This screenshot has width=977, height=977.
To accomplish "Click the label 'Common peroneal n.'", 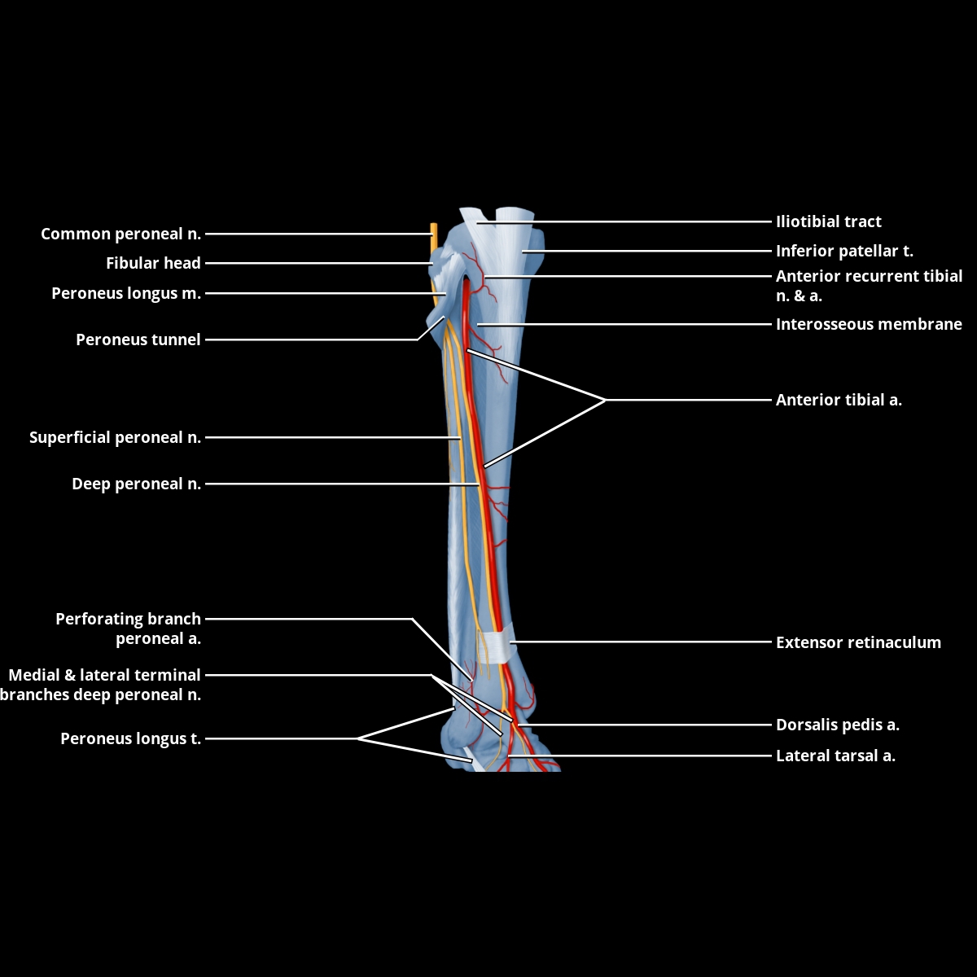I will (120, 234).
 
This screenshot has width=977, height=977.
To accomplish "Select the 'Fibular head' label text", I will (153, 264).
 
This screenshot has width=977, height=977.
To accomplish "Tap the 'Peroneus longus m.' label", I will (126, 293).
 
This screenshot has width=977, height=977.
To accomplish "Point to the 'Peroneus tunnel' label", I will (138, 340).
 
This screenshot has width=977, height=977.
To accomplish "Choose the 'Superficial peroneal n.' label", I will (115, 438).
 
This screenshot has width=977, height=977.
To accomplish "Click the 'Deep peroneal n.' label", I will (136, 484).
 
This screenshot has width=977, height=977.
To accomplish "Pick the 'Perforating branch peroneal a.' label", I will (128, 629).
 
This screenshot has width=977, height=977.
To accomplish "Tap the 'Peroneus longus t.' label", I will (130, 739).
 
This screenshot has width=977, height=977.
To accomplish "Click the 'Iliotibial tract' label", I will (828, 221).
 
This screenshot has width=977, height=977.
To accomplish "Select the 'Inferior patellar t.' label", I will (844, 251).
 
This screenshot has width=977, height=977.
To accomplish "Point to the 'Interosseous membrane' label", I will (869, 324).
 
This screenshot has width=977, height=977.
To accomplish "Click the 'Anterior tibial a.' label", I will (839, 400).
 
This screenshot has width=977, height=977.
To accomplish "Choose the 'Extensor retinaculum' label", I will (858, 642).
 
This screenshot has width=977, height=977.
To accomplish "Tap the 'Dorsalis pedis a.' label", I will (837, 725).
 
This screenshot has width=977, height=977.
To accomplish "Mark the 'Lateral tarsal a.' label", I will (835, 756).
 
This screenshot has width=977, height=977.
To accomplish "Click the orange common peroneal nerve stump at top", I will (433, 238).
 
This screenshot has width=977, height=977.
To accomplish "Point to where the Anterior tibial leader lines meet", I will (606, 400).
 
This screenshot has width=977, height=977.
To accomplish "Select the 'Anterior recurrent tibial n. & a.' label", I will (869, 286).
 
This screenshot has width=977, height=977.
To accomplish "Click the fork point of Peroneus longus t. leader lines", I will (358, 738).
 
